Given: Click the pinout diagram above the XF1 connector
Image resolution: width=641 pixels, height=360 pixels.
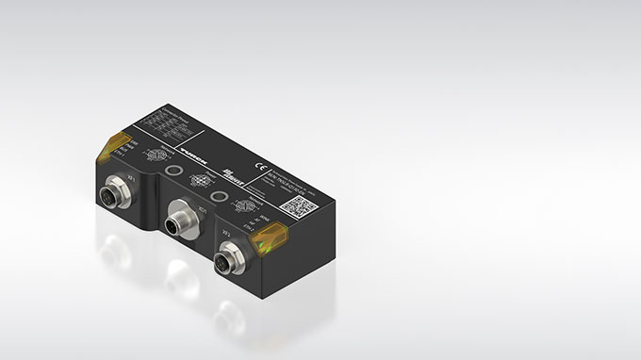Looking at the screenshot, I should (156, 155).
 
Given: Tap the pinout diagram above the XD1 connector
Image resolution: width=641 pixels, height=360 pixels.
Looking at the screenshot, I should (198, 180).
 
